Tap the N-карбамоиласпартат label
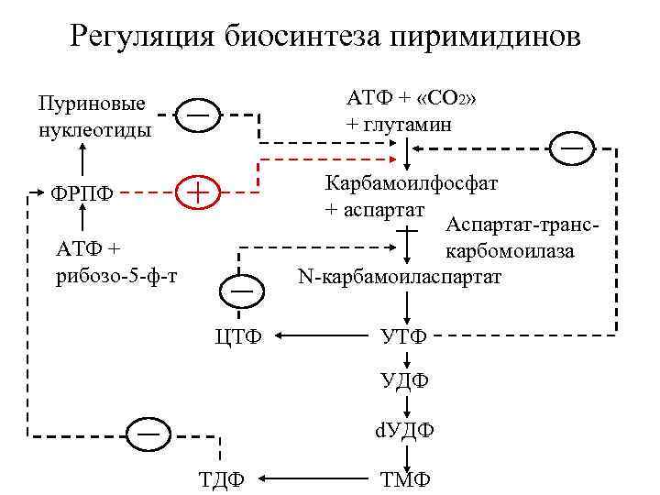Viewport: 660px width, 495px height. click(400, 275)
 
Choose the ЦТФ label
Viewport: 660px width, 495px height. click(237, 336)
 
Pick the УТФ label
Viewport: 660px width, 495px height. click(403, 336)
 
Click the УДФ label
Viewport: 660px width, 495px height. click(404, 379)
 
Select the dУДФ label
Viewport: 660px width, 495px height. click(403, 429)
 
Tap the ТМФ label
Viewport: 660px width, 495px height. click(403, 478)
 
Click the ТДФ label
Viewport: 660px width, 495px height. click(221, 478)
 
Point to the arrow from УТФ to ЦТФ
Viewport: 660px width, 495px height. click(320, 336)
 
